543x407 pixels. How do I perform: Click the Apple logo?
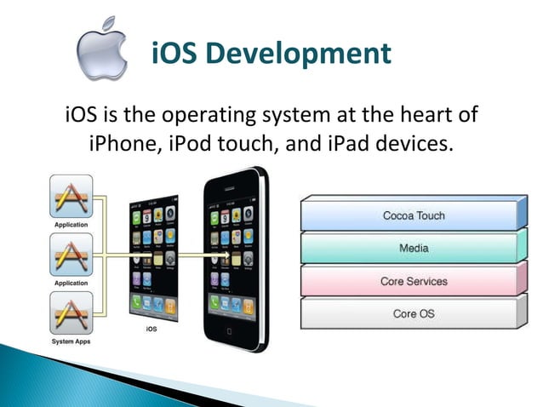coord(102,50)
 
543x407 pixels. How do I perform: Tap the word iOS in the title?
coord(175,54)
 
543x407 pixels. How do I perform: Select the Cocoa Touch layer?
coord(413,215)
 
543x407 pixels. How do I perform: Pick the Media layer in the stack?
coord(413,249)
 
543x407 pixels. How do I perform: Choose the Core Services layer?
coord(413,281)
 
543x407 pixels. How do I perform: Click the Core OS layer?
coord(413,313)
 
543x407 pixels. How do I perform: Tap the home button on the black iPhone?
coord(227,330)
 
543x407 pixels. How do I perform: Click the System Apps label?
coord(71,341)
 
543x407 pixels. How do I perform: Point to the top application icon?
coord(71,198)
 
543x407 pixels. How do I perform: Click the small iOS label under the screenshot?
coord(151,327)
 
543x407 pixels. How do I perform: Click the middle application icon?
coord(71,256)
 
